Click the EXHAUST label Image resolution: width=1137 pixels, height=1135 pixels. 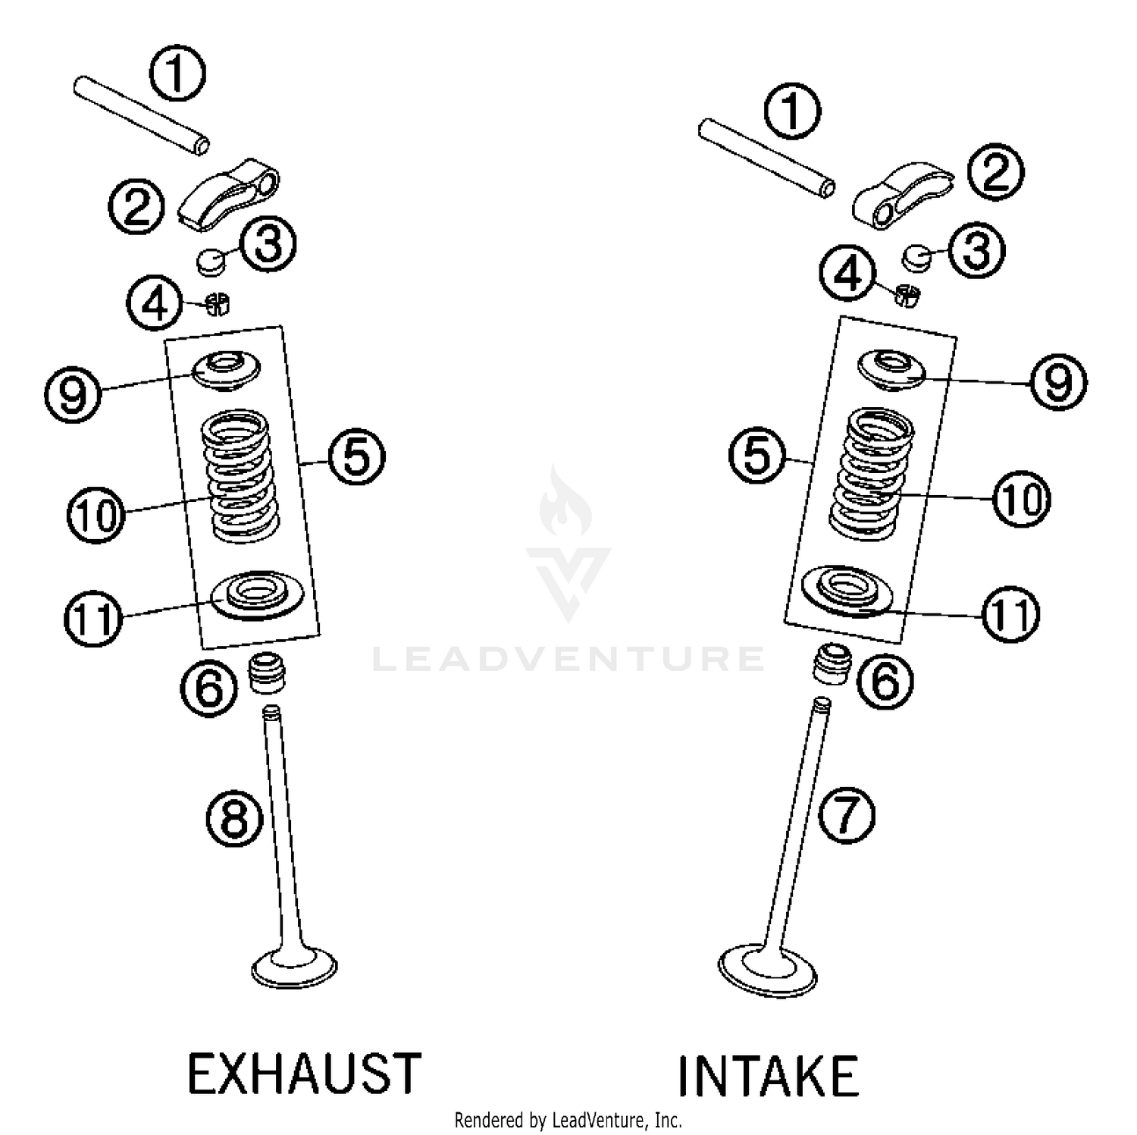coord(304,1073)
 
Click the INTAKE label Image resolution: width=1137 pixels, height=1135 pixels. coord(767,1076)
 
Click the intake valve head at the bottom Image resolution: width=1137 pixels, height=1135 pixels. coord(768,970)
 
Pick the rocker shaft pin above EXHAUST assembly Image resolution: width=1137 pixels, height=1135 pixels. coord(142,113)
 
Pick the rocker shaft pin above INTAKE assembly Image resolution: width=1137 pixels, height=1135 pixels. coord(766,158)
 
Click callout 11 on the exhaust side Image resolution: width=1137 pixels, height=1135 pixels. coord(92,618)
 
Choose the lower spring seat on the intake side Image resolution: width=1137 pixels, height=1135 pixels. coord(843,589)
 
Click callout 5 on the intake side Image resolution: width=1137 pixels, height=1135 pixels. coord(756,456)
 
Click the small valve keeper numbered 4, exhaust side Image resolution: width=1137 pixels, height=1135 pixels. coord(218,304)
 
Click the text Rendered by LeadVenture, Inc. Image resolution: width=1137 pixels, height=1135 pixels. coord(568,1119)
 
